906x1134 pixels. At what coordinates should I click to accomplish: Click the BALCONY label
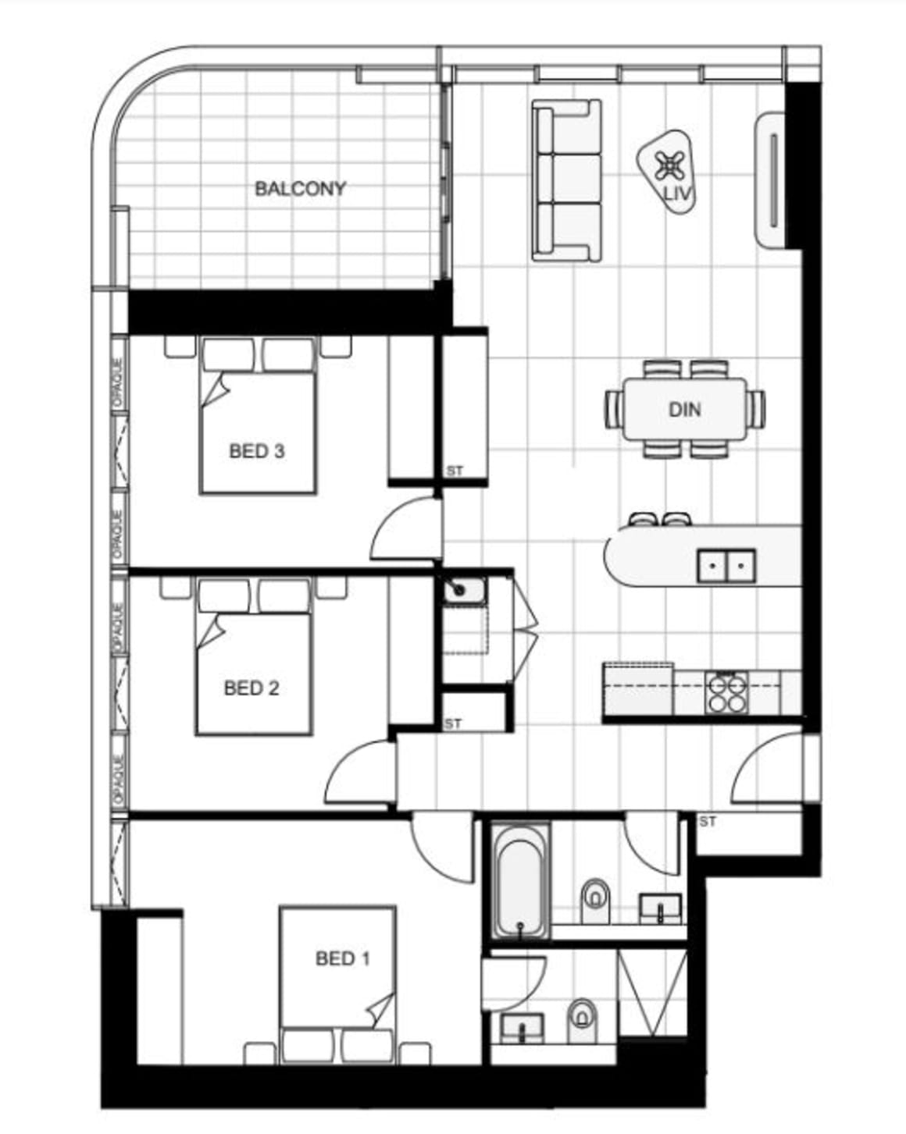click(x=300, y=189)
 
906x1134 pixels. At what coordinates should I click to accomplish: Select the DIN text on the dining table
click(x=684, y=409)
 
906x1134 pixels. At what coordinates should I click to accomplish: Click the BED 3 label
click(x=256, y=451)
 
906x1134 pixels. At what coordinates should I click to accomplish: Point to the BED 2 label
click(x=251, y=688)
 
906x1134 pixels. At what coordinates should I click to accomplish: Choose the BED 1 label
click(x=342, y=958)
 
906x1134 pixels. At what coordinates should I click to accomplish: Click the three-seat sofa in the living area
click(x=567, y=180)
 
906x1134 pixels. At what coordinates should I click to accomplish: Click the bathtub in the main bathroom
click(x=521, y=880)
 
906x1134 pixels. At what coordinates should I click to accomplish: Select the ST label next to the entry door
click(x=708, y=822)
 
